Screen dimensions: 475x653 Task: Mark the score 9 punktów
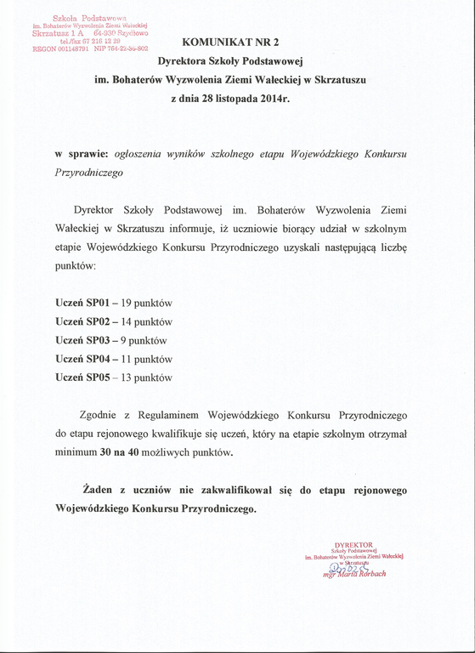click(x=143, y=340)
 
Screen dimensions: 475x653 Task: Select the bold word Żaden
click(x=98, y=491)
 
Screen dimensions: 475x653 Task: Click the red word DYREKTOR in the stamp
click(x=354, y=543)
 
